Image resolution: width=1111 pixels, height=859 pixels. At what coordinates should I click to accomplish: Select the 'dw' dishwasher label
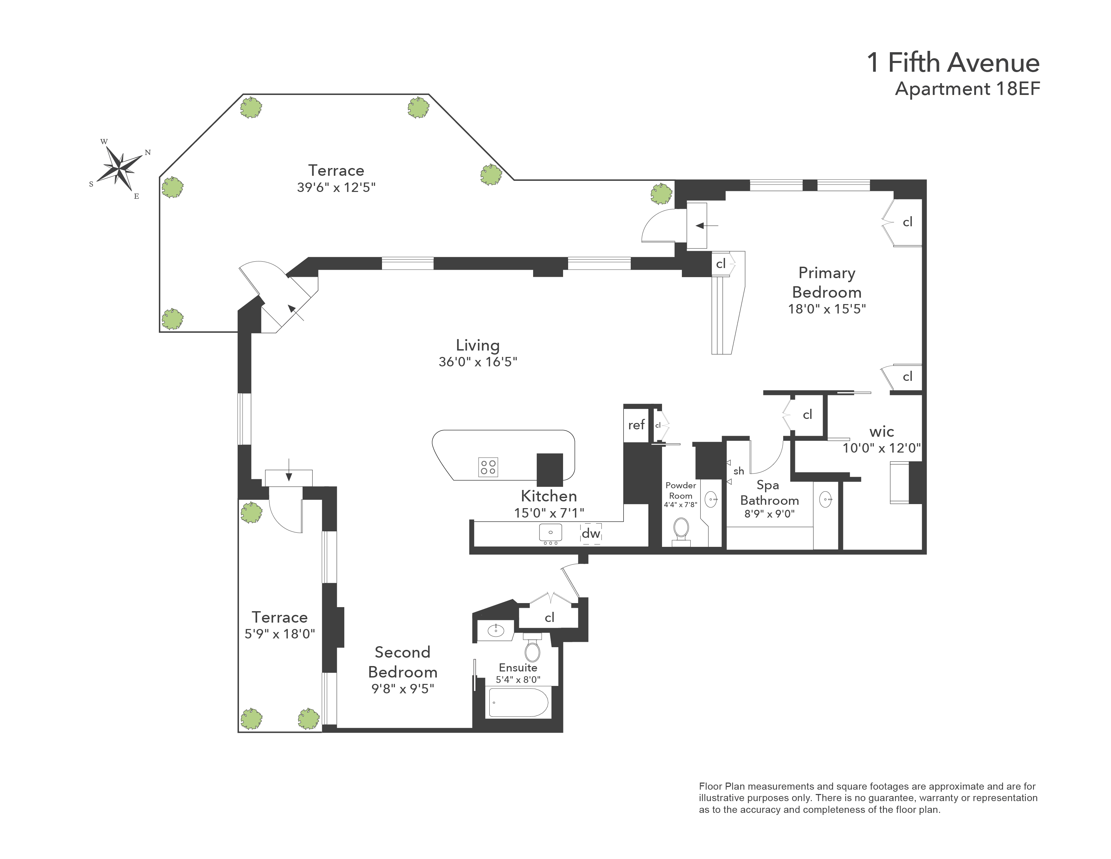click(591, 533)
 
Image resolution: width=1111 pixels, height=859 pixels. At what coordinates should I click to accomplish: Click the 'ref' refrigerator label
click(636, 425)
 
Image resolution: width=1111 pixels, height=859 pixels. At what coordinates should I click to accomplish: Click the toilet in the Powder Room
click(681, 531)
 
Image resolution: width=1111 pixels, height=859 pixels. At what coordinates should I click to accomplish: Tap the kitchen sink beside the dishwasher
click(550, 532)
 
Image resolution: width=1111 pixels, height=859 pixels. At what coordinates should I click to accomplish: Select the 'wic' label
click(881, 432)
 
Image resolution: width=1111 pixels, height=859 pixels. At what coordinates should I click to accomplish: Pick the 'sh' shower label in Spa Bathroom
click(739, 471)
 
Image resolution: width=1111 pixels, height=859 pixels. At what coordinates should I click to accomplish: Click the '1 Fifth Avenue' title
click(953, 63)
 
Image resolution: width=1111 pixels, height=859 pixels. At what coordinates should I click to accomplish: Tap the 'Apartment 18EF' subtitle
click(968, 89)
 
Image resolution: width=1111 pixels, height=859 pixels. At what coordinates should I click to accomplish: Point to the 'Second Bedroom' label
click(403, 662)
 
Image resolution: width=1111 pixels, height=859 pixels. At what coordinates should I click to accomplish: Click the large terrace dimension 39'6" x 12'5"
click(336, 187)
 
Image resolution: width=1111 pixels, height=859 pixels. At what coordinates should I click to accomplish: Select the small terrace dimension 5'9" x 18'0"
click(280, 634)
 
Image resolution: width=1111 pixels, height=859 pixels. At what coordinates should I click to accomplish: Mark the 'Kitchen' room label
click(549, 496)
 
